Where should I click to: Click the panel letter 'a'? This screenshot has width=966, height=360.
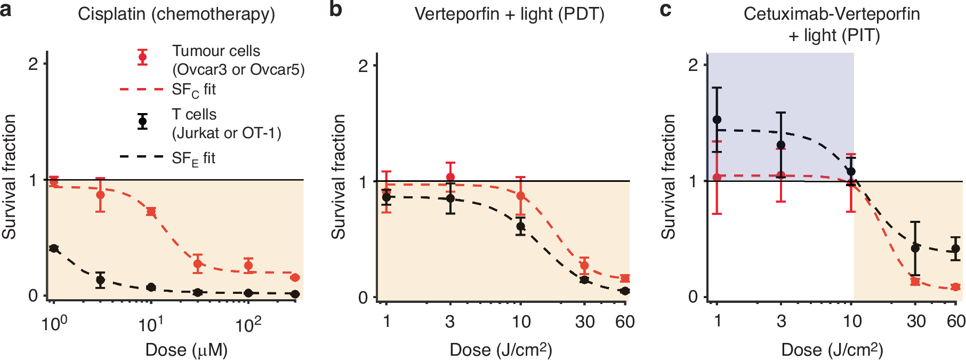click(x=6, y=11)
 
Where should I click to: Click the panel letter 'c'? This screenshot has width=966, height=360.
click(x=665, y=11)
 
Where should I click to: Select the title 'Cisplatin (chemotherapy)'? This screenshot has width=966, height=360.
click(x=176, y=14)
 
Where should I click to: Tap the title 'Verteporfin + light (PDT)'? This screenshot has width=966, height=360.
click(x=509, y=14)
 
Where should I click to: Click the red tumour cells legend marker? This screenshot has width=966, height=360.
click(x=142, y=57)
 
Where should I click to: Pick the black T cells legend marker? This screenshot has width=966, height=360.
click(x=142, y=122)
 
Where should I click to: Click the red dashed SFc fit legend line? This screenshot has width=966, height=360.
click(x=141, y=90)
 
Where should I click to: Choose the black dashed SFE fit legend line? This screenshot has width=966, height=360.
click(x=141, y=157)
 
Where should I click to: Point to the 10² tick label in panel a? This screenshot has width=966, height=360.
click(x=248, y=324)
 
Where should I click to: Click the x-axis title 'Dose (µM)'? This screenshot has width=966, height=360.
click(x=187, y=350)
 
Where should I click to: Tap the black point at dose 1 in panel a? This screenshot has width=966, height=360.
click(x=53, y=249)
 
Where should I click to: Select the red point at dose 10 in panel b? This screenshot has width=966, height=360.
click(x=521, y=196)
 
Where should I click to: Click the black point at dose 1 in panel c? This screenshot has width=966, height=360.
click(x=717, y=120)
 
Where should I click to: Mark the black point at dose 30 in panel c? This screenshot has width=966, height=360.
click(x=915, y=248)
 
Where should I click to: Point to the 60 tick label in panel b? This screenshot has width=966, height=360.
click(x=625, y=322)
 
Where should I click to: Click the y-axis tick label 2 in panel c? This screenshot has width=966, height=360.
click(x=693, y=65)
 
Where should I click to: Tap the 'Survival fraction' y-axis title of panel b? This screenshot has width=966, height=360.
click(x=339, y=177)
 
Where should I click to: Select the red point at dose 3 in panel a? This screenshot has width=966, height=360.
click(x=100, y=195)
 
